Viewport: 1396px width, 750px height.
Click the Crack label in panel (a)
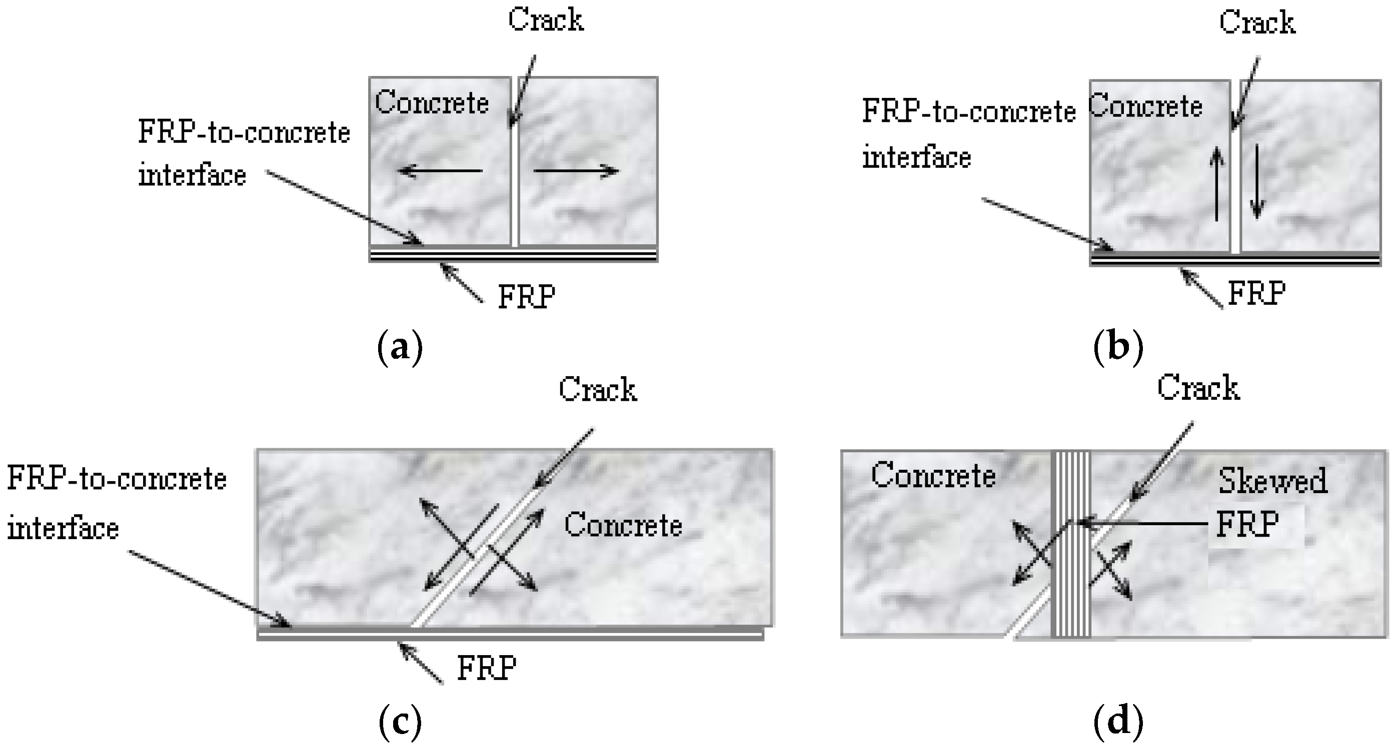click(x=546, y=20)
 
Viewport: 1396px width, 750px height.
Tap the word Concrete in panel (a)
click(x=432, y=102)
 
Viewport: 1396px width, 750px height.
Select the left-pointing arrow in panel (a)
click(x=440, y=171)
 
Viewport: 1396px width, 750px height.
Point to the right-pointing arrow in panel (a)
click(x=576, y=171)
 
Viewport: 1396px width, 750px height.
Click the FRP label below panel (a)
click(x=527, y=296)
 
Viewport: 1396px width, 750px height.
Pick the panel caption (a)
click(x=400, y=348)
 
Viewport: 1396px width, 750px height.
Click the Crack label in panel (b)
click(x=1257, y=23)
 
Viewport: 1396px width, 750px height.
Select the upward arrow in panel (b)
click(x=1217, y=184)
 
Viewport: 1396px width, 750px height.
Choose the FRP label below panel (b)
click(x=1256, y=293)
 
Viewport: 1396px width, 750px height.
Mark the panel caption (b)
click(x=1118, y=348)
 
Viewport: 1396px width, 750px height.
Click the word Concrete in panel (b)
click(x=1145, y=106)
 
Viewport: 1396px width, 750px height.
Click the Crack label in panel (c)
click(x=598, y=389)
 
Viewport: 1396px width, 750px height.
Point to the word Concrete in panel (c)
click(x=623, y=525)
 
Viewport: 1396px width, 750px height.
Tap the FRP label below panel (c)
click(x=487, y=668)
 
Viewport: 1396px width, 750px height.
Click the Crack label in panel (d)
click(x=1198, y=388)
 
